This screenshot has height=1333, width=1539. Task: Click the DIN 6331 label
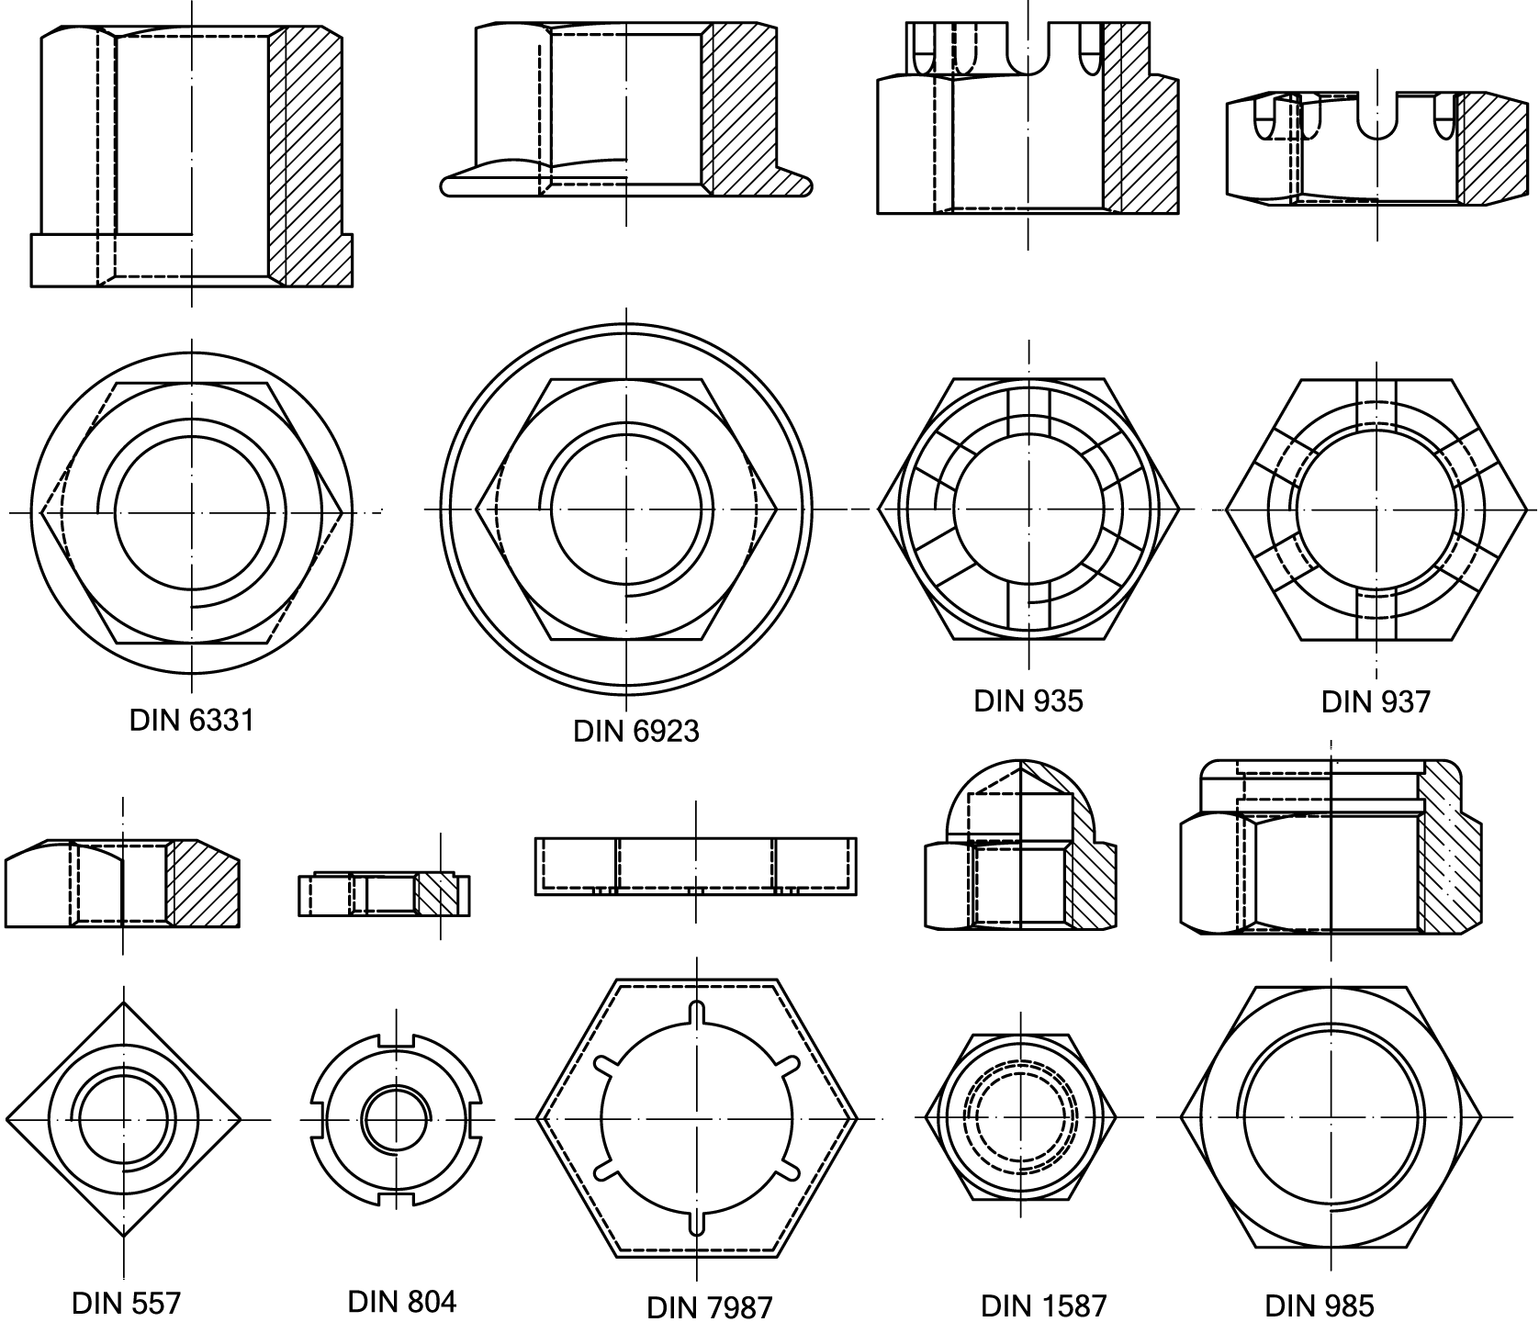pos(191,721)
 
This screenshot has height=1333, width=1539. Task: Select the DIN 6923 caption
pos(635,732)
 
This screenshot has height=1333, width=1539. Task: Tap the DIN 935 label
pos(1028,701)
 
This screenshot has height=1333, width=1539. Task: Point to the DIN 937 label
pos(1376,702)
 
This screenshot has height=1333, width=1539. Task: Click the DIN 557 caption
pos(126,1303)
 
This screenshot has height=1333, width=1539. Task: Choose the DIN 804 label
pos(401,1301)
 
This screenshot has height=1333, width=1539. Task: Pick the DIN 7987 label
pos(710,1306)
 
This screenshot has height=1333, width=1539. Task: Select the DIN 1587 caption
pos(1044,1305)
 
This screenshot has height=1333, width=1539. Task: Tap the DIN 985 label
pos(1320,1305)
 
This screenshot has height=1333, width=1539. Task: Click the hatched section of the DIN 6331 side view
pos(312,156)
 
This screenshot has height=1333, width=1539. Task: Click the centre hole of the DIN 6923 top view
pos(627,509)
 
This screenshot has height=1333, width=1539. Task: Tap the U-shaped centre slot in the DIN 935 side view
pos(1028,55)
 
